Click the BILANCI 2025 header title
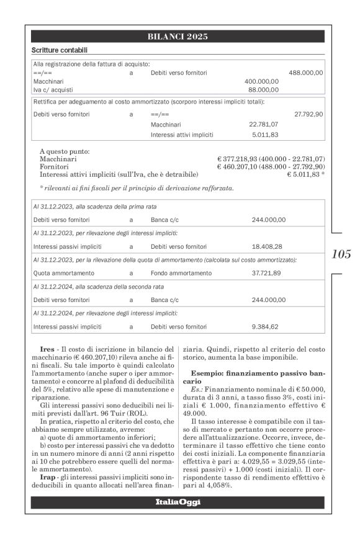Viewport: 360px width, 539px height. click(178, 37)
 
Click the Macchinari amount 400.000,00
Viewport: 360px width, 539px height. click(261, 81)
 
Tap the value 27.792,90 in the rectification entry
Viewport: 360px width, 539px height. click(308, 114)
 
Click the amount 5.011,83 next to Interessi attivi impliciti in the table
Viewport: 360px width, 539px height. click(265, 135)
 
